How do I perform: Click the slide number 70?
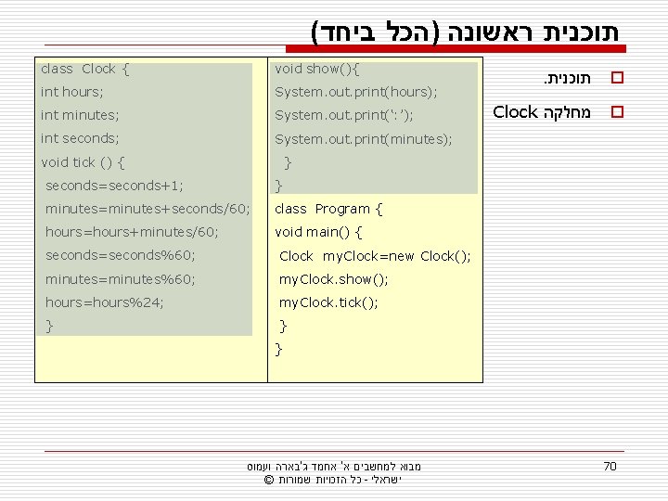(610, 466)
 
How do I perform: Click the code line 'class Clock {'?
(85, 69)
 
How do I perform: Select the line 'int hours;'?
(72, 92)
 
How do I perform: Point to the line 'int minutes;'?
(80, 115)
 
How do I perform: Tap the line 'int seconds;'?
(81, 138)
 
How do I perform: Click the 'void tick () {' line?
(83, 162)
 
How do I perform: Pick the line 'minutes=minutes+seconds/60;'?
(148, 209)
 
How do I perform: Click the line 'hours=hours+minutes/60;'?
(132, 232)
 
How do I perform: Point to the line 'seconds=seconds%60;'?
(121, 255)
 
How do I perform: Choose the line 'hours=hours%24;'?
(105, 302)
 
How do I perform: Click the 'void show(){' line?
(317, 69)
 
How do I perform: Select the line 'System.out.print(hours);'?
(356, 92)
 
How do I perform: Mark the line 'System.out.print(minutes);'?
(364, 139)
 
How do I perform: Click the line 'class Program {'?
(328, 209)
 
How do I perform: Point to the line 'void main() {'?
(318, 232)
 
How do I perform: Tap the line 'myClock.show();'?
(334, 279)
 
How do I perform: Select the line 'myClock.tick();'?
(328, 302)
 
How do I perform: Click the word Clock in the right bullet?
(516, 112)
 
